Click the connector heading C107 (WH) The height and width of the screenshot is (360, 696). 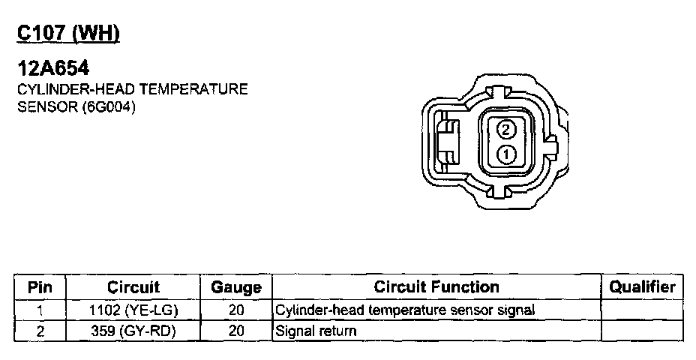68,33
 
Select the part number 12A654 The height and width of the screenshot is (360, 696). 53,68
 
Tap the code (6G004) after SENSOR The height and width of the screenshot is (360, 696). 109,107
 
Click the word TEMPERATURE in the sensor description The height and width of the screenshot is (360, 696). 194,89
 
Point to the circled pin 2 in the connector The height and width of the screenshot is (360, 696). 505,130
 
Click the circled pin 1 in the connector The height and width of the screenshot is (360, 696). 505,154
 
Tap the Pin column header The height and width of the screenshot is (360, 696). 40,287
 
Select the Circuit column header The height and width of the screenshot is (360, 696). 133,287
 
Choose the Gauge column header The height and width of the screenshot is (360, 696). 236,288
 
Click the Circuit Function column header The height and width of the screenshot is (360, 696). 436,286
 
